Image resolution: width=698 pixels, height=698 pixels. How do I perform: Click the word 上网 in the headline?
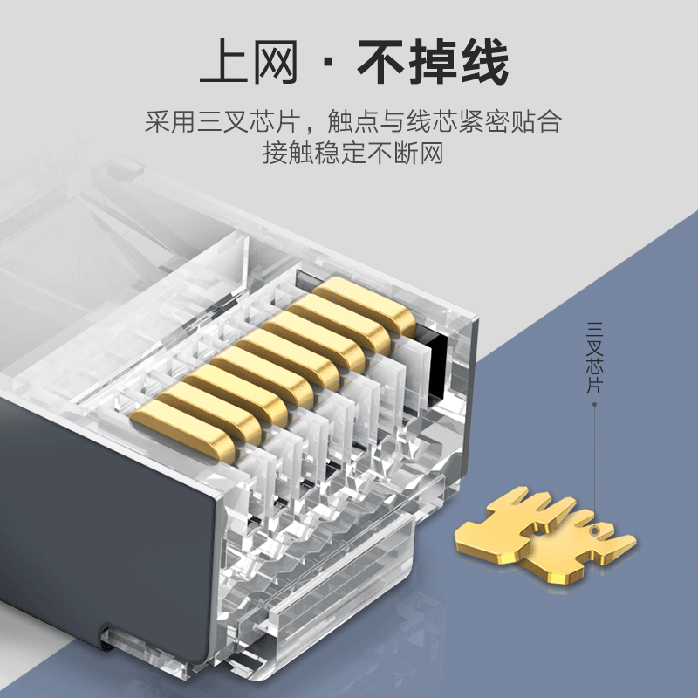248,64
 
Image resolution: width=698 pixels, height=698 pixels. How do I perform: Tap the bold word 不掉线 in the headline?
433,64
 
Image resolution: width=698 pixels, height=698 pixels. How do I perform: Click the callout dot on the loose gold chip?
595,529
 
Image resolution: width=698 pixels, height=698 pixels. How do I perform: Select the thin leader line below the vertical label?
595,462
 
